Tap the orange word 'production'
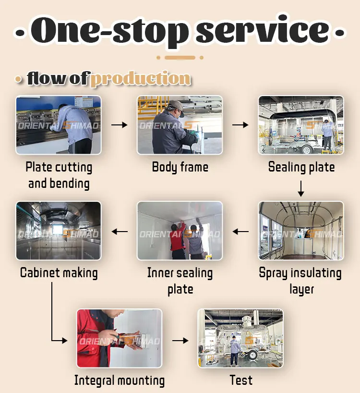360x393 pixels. tap(140, 78)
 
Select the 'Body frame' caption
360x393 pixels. tap(180, 167)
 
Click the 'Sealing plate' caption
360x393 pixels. tap(301, 167)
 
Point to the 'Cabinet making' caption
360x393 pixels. tap(59, 273)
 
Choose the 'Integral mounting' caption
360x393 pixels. tap(120, 381)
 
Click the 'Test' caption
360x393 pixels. tap(241, 380)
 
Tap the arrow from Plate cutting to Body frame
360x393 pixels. tap(119, 125)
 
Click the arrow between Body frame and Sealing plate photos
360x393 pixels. tap(240, 125)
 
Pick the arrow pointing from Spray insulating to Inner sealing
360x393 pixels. tap(240, 232)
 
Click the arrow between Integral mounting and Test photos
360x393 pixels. tap(180, 340)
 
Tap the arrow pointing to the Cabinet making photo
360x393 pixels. tap(120, 232)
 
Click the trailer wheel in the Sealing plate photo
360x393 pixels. tap(307, 149)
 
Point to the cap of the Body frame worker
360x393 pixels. tap(176, 105)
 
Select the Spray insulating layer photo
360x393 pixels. tap(301, 231)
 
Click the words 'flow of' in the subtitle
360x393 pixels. tap(58, 78)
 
